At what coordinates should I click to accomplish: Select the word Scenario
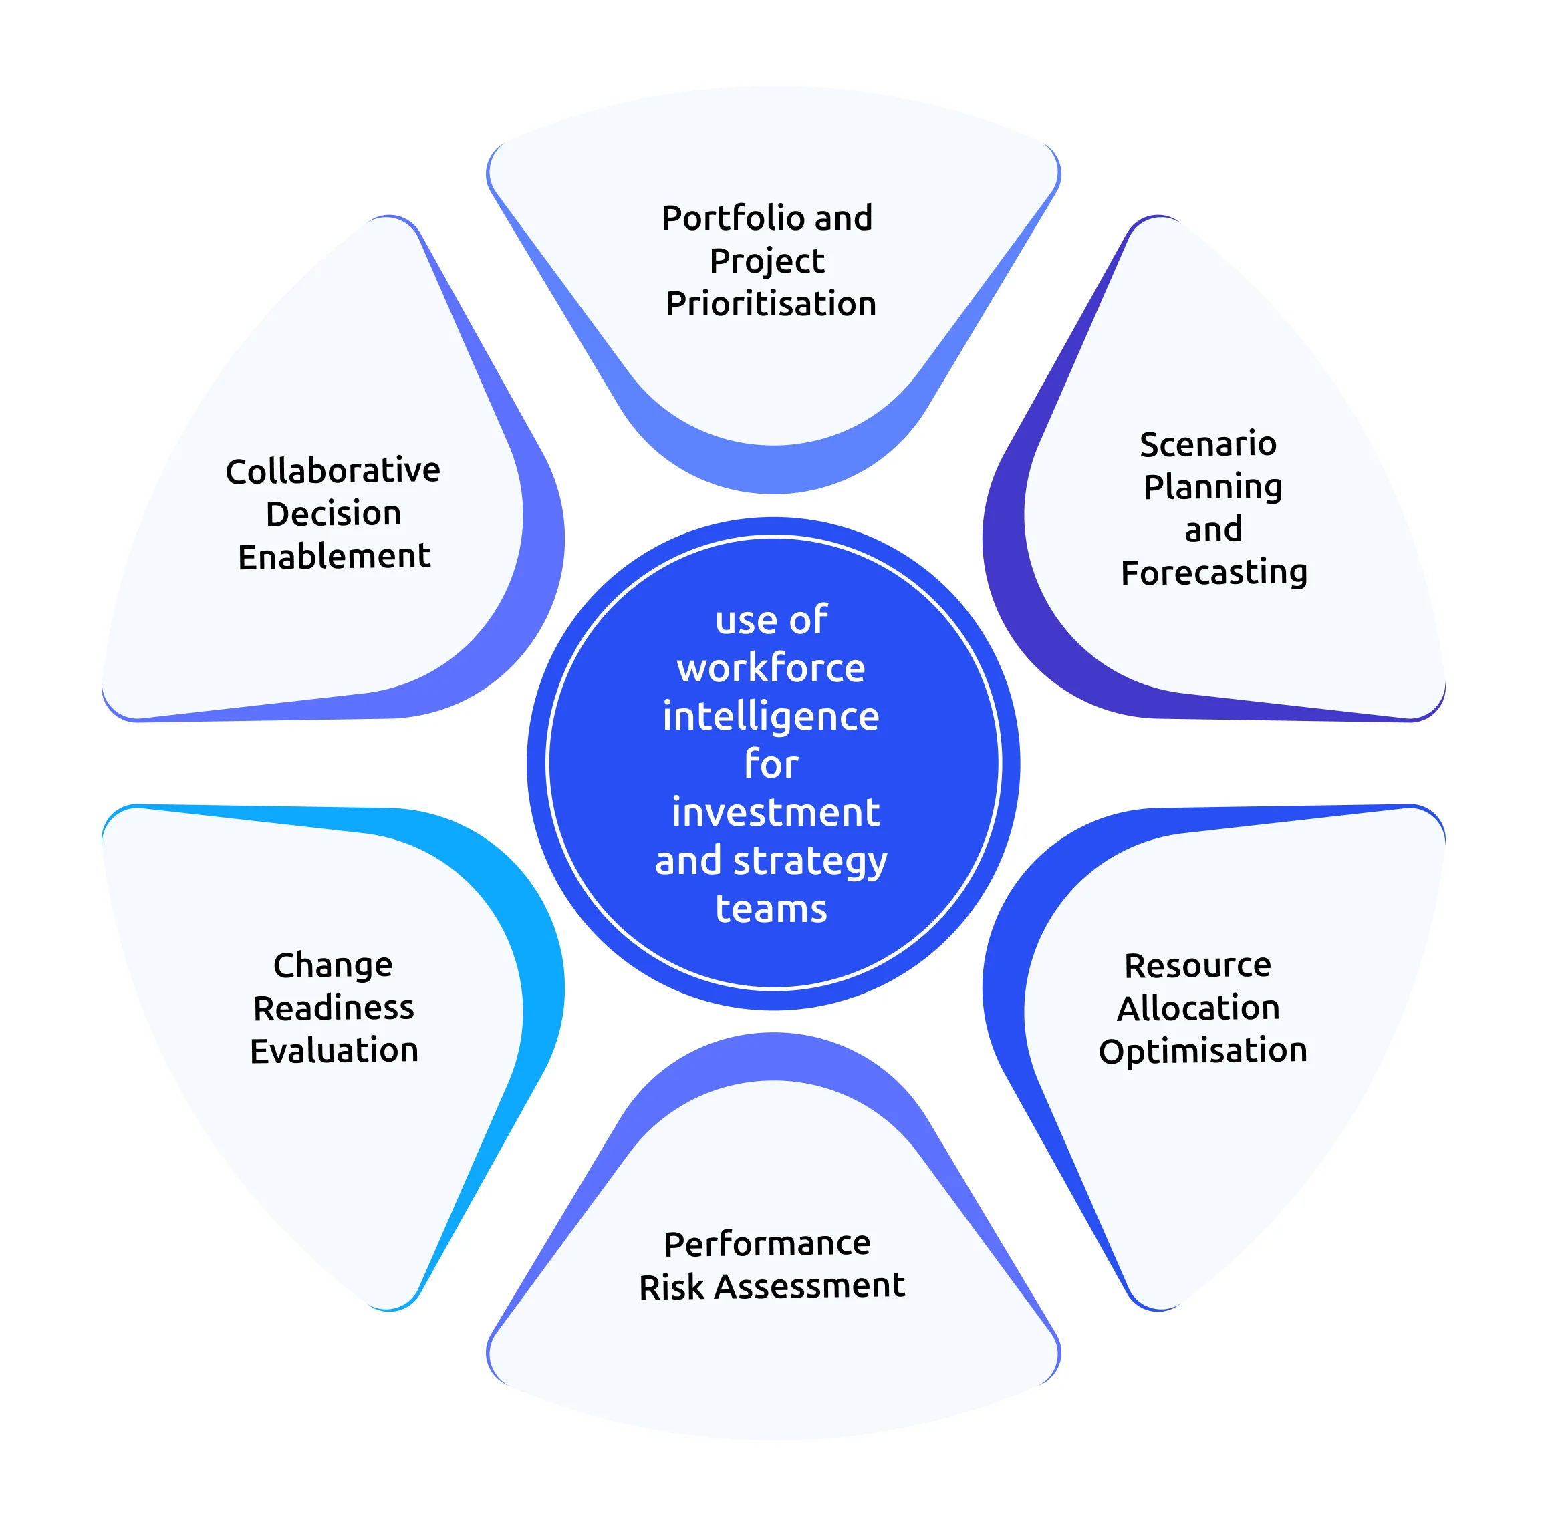coord(1208,444)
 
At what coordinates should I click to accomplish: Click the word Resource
coord(1197,966)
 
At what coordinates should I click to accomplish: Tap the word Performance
coord(767,1244)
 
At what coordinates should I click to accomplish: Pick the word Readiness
coord(334,1008)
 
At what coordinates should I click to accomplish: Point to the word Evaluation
coord(334,1051)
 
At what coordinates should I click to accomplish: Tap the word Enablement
coord(334,557)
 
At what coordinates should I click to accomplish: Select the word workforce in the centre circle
coord(771,669)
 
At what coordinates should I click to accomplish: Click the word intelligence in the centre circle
coord(771,717)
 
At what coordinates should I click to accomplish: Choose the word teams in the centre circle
coord(771,909)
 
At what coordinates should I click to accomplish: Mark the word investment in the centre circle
coord(775,813)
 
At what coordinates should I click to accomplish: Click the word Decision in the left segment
coord(334,514)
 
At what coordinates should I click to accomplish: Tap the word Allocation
coord(1198,1008)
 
